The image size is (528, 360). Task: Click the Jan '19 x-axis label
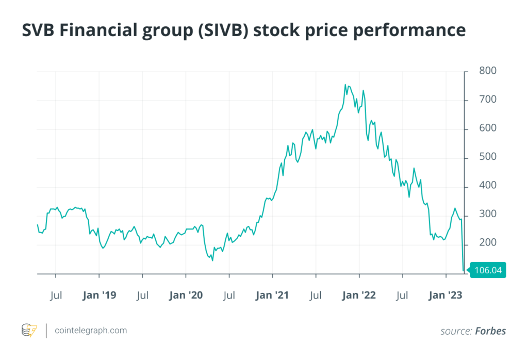click(x=99, y=296)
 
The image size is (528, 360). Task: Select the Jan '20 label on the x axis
click(x=186, y=296)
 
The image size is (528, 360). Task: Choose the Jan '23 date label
click(x=445, y=296)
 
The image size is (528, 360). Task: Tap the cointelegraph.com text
click(x=91, y=331)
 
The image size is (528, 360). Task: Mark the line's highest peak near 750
click(x=345, y=85)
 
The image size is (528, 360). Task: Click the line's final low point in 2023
click(x=464, y=270)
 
